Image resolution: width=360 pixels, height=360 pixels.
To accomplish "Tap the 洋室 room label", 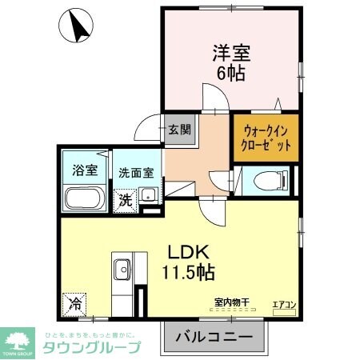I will tap(231, 54).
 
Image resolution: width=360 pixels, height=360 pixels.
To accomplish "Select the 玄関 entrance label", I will tap(180, 129).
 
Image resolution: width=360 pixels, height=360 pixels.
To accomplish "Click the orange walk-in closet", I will tap(264, 136).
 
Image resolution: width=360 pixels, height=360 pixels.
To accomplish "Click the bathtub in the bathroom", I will tap(83, 197).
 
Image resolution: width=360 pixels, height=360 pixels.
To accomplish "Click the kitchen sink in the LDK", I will tap(122, 268).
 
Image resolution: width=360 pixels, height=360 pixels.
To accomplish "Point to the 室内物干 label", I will tap(231, 302).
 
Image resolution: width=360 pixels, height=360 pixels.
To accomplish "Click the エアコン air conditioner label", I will tap(284, 304).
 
